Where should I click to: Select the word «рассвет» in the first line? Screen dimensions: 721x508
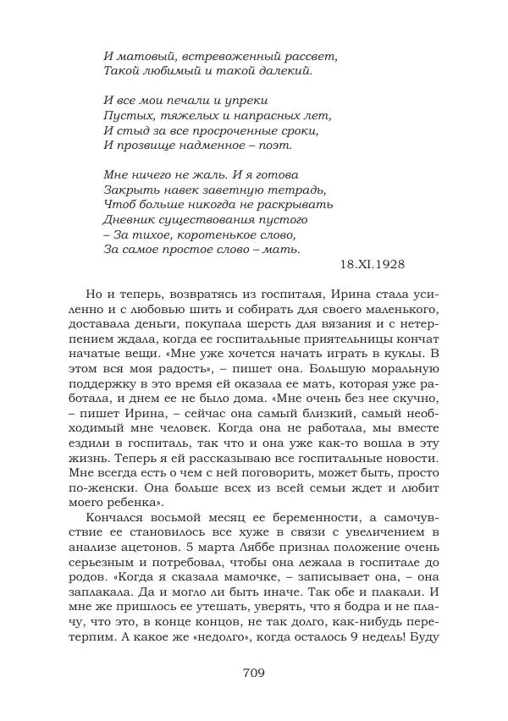pos(308,56)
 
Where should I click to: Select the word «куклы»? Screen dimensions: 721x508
pos(394,352)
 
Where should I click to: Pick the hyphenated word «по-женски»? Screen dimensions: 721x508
pos(116,488)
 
